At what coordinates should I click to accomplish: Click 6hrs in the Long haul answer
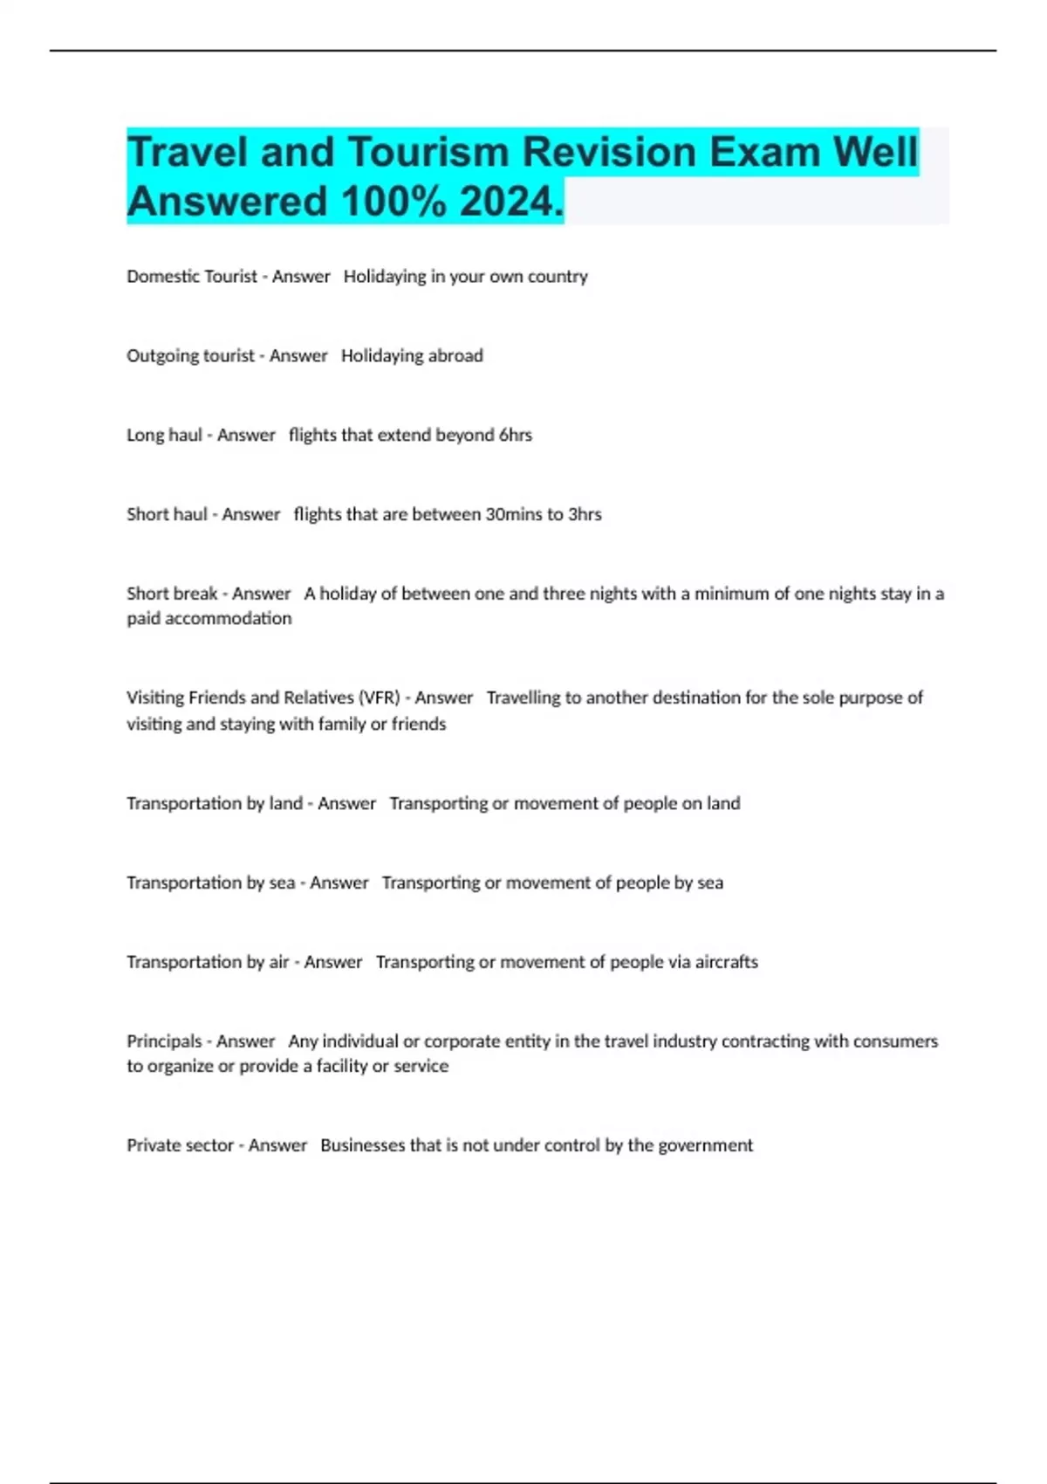pyautogui.click(x=515, y=436)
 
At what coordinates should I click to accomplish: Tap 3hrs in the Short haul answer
pyautogui.click(x=585, y=515)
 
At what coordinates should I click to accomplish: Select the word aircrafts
pyautogui.click(x=726, y=962)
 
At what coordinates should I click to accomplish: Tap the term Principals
pyautogui.click(x=164, y=1041)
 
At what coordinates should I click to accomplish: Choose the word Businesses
pyautogui.click(x=361, y=1145)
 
